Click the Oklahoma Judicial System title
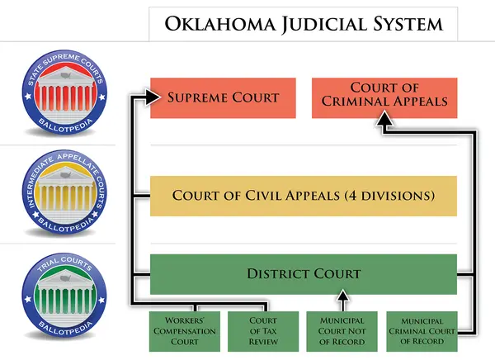(303, 23)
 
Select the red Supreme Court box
(223, 97)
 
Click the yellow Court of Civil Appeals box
(303, 197)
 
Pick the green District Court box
(303, 273)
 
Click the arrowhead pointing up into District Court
(342, 299)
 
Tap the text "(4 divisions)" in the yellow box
(391, 197)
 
